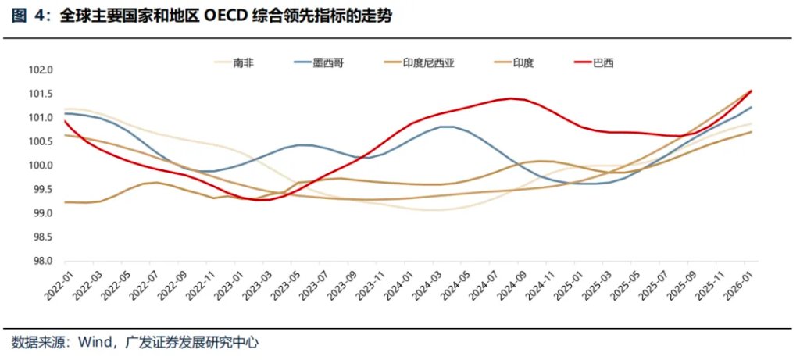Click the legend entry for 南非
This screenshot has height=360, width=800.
[244, 63]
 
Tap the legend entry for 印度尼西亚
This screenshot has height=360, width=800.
[428, 63]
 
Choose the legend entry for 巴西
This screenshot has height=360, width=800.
[602, 63]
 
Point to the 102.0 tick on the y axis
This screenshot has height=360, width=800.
[40, 70]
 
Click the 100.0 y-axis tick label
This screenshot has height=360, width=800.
[40, 166]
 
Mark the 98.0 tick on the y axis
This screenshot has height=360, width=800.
[40, 262]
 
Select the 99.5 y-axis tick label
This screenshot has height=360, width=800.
[40, 190]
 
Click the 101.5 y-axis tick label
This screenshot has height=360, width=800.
[40, 94]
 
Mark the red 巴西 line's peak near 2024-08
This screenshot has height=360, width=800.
[511, 98]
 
